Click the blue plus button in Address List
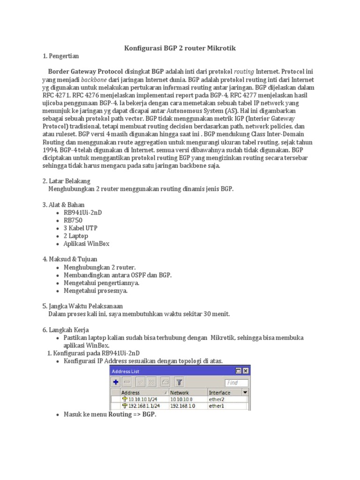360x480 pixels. point(115,382)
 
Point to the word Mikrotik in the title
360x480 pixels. point(219,48)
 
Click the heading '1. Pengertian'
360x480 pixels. point(61,56)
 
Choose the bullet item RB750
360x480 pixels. point(74,220)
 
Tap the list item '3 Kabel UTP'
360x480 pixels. point(81,228)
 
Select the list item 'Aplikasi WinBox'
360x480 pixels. point(87,244)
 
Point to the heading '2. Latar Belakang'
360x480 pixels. point(66,181)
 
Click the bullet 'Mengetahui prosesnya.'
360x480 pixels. point(96,291)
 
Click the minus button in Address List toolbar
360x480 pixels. point(127,382)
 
